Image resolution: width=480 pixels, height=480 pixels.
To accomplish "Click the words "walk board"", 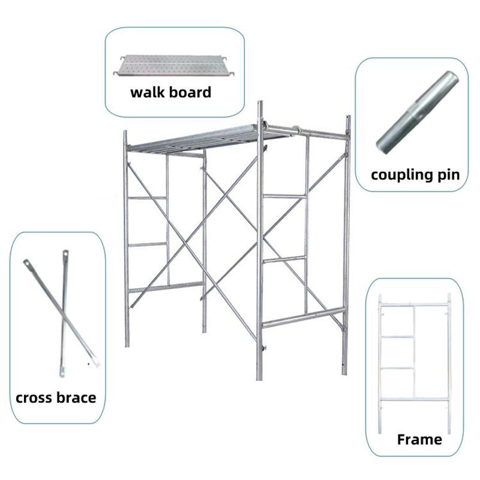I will tap(171, 92).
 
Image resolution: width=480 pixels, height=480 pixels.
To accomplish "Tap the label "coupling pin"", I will tap(415, 175).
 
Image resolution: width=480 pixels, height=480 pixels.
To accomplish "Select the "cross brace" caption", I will tap(56, 397).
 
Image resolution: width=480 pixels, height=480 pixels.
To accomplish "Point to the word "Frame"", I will tap(419, 439).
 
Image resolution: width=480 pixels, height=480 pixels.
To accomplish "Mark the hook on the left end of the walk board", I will tap(116, 73).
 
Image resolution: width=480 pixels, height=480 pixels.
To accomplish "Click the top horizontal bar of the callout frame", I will tap(414, 305).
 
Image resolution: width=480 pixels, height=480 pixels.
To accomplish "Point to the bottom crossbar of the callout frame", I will tap(414, 399).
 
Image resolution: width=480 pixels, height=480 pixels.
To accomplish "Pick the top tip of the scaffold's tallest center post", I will tap(260, 103).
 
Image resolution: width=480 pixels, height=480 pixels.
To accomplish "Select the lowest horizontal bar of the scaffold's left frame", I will tap(166, 287).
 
